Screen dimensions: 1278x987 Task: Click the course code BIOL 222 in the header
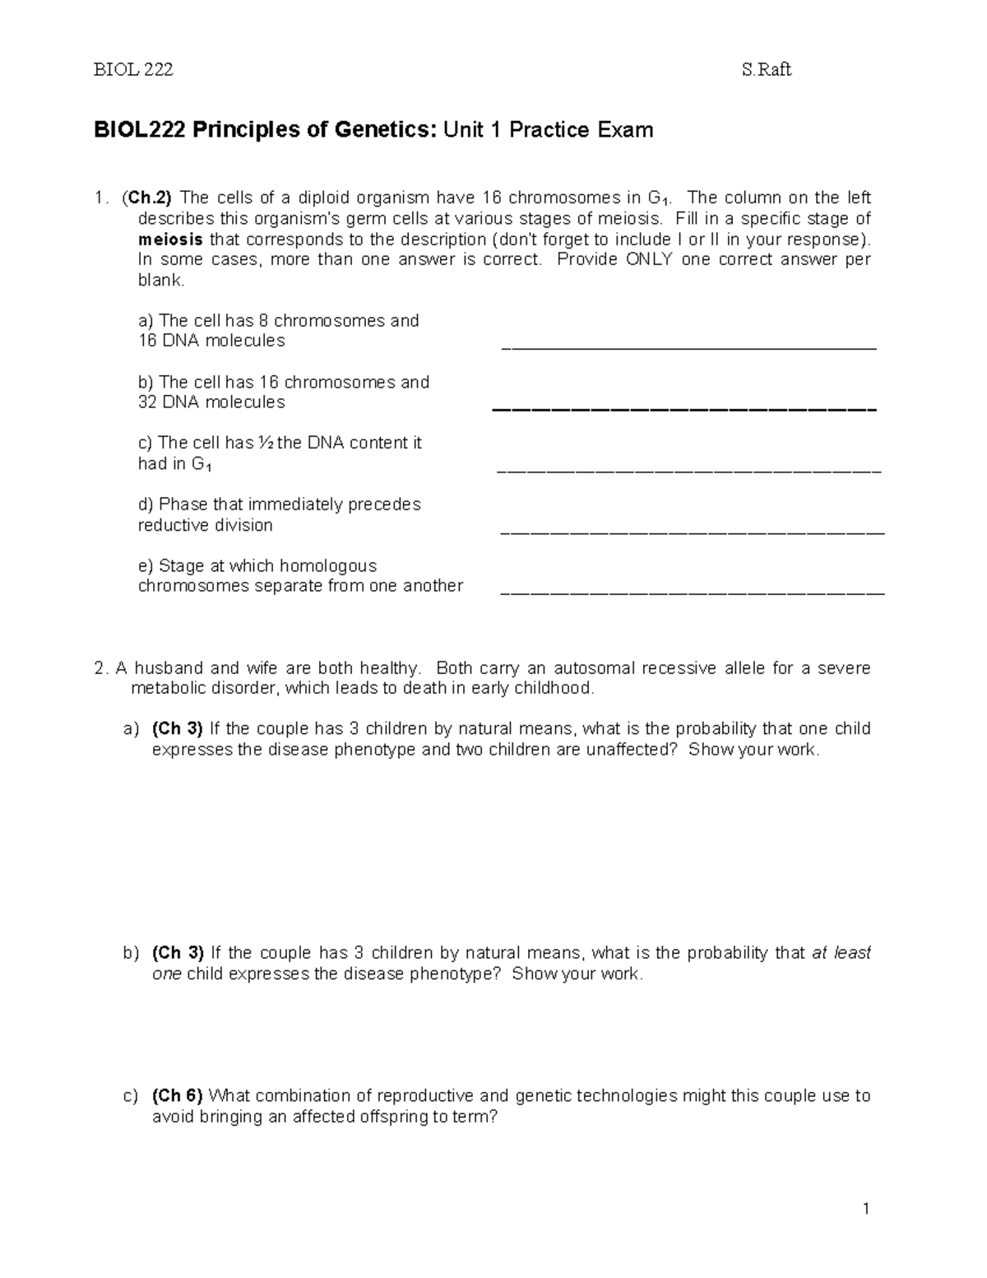pyautogui.click(x=133, y=70)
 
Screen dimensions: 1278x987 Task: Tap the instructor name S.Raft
pyautogui.click(x=766, y=70)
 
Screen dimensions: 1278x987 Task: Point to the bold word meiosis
pyautogui.click(x=171, y=239)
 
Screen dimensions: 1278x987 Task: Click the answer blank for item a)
pyautogui.click(x=689, y=348)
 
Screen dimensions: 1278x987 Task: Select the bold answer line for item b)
pyautogui.click(x=684, y=409)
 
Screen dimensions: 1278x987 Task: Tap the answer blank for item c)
pyautogui.click(x=689, y=472)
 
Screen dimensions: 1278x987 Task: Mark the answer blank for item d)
pyautogui.click(x=692, y=533)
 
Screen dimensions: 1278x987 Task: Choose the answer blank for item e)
pyautogui.click(x=692, y=592)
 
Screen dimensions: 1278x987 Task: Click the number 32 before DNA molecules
pyautogui.click(x=148, y=402)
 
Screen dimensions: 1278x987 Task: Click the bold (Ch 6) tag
pyautogui.click(x=178, y=1096)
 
